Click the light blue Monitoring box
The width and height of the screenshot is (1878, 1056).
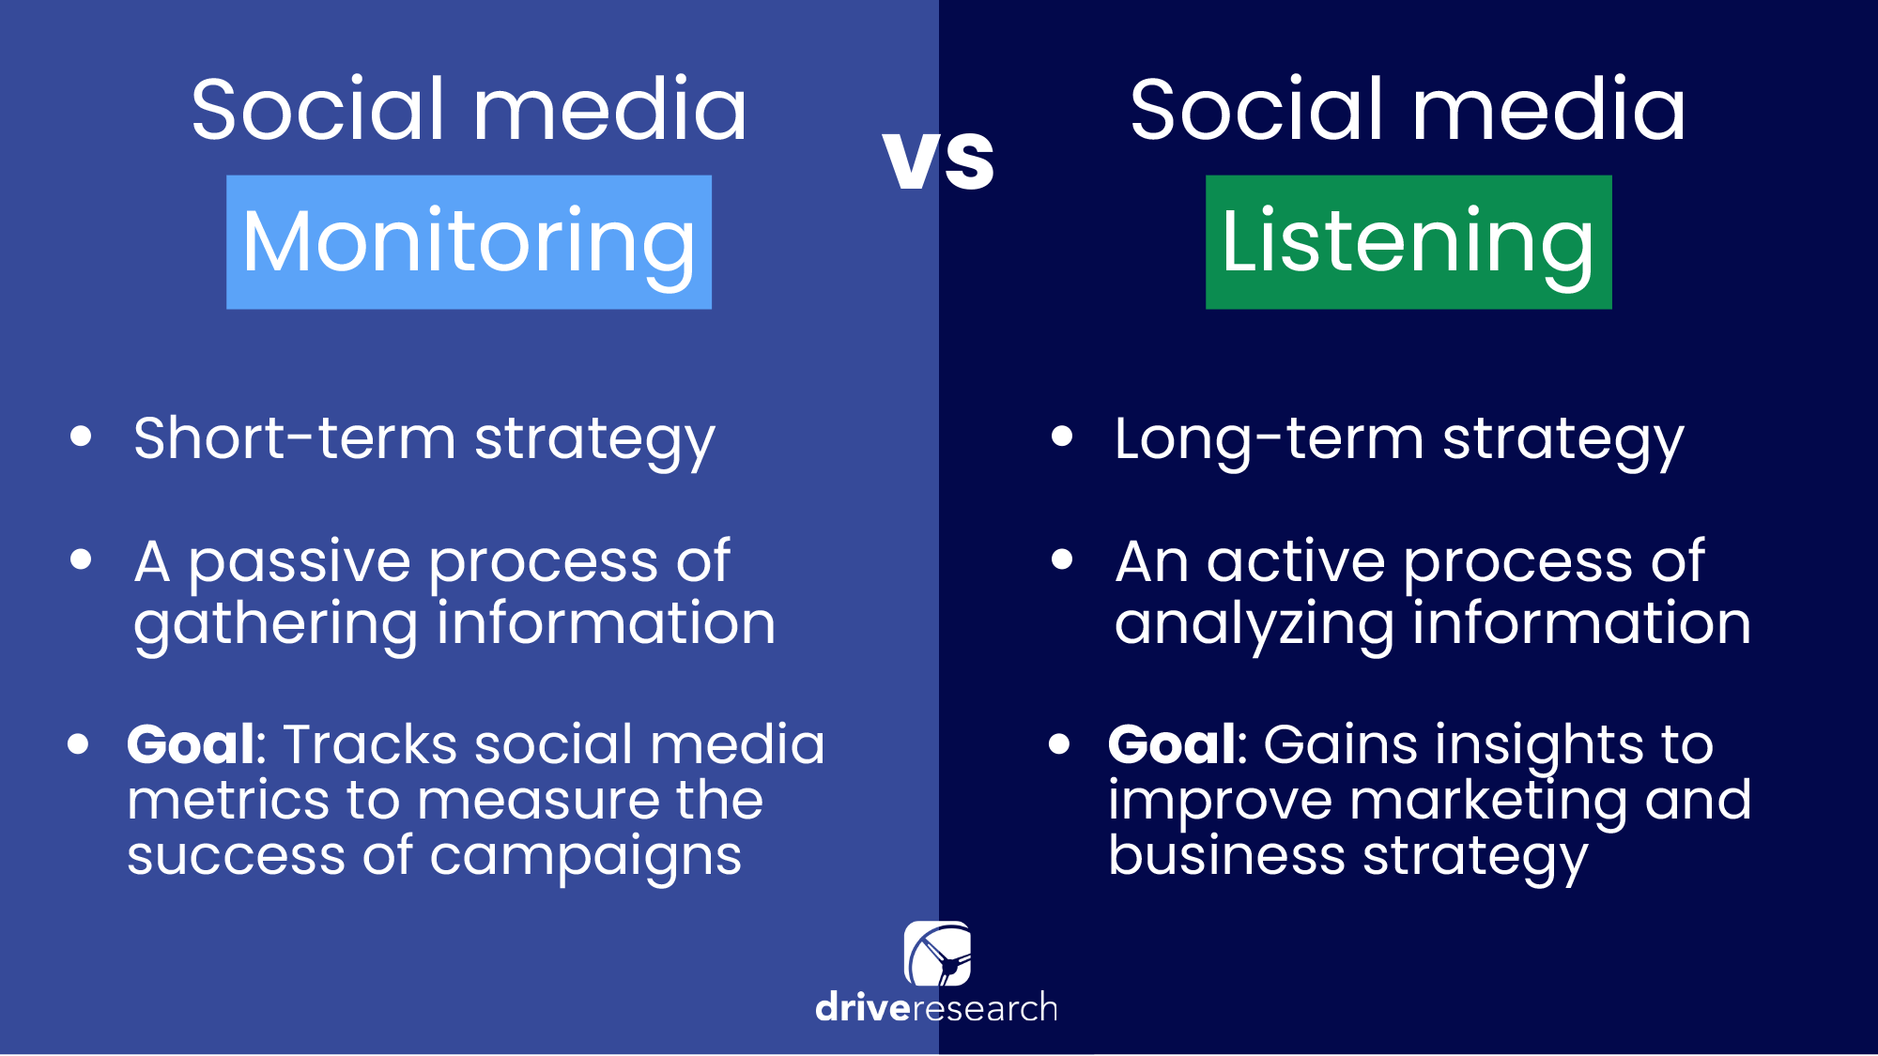coord(469,242)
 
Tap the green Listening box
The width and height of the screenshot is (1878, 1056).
coord(1408,242)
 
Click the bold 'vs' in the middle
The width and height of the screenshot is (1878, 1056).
coord(939,160)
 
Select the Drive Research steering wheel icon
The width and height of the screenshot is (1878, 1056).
coord(937,954)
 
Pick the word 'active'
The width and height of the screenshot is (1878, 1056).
coord(1296,561)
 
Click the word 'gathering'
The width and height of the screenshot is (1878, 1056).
coord(275,625)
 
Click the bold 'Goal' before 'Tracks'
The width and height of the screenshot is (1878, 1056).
coord(191,744)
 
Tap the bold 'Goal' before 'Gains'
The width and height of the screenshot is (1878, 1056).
coord(1172,744)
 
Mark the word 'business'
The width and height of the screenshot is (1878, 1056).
coord(1226,855)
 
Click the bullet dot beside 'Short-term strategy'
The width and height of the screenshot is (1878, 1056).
coord(81,436)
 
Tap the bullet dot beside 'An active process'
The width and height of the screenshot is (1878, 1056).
coord(1062,560)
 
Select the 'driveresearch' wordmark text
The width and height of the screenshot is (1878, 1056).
coord(936,1008)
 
